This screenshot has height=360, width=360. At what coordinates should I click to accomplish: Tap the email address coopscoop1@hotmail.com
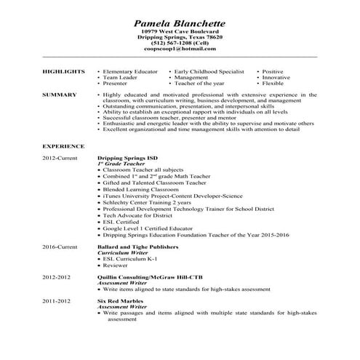coord(180,49)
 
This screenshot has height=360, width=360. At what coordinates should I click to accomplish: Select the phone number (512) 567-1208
coord(180,43)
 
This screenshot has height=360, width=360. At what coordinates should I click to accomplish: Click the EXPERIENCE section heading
coord(61,146)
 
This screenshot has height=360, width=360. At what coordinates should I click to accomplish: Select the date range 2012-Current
coord(59,158)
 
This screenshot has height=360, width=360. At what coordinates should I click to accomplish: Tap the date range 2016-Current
coord(59,248)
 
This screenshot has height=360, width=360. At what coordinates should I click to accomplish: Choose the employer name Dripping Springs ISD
coord(128,158)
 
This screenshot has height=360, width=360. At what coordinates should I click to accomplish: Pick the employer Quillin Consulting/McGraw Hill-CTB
coord(152,278)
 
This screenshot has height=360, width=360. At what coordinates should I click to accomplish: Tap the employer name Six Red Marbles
coord(120,300)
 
